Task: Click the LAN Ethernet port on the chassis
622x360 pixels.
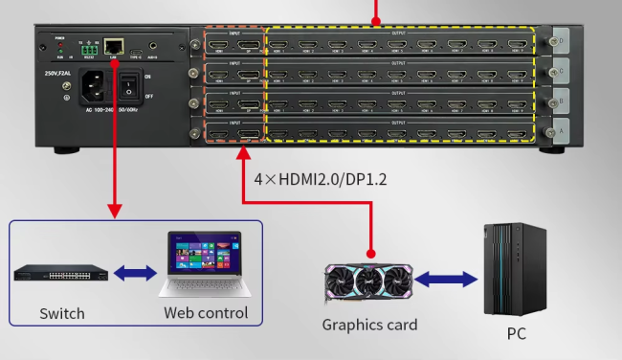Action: coord(115,45)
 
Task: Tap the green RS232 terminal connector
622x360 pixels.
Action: coord(89,47)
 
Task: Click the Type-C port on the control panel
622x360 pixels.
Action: coord(137,47)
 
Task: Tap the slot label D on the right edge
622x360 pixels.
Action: coord(561,42)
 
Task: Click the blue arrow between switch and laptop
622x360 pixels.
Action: coord(134,274)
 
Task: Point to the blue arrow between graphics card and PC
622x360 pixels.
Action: coord(444,281)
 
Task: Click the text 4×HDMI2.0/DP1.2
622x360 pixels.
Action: coord(320,178)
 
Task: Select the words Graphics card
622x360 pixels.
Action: coord(369,325)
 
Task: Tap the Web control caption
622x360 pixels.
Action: coord(205,313)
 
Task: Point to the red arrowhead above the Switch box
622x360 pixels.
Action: coord(115,209)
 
